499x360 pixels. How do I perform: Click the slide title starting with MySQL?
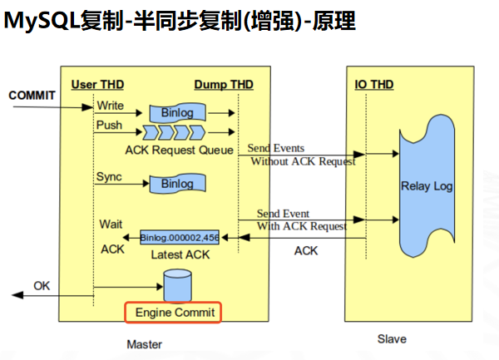click(x=179, y=21)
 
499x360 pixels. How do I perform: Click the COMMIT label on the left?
click(x=32, y=95)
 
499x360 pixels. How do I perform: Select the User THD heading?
click(x=97, y=85)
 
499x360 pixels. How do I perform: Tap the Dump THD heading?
click(x=224, y=85)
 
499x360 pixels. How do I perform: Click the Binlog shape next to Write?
click(x=177, y=112)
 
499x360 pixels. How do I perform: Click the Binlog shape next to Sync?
click(x=177, y=183)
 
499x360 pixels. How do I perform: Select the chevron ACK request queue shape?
click(x=174, y=132)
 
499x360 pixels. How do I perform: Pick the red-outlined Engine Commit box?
click(x=174, y=313)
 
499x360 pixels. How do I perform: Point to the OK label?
click(x=42, y=286)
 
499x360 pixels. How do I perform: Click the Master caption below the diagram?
click(x=144, y=343)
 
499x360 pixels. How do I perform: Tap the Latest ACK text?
click(x=179, y=254)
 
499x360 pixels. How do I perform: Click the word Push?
click(x=109, y=126)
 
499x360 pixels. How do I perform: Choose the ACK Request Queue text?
click(x=174, y=150)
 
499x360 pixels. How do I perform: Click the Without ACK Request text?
click(x=303, y=161)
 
